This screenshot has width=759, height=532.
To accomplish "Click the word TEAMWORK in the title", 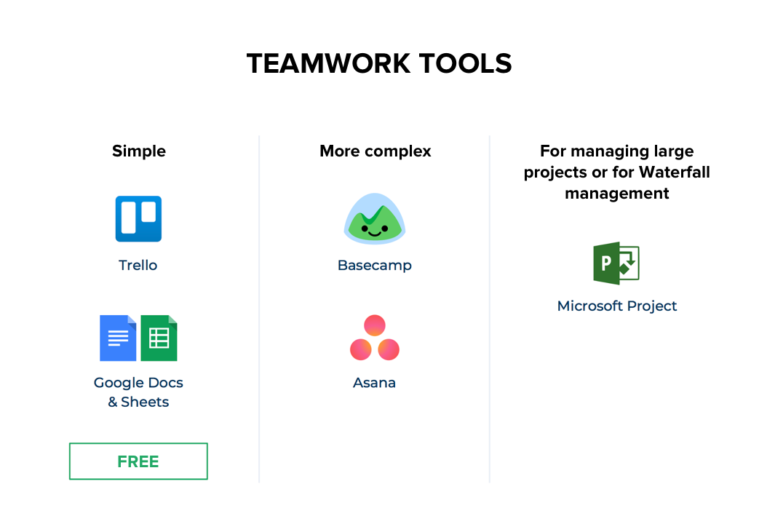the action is [x=329, y=63].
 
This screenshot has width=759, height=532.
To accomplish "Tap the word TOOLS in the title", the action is [x=465, y=63].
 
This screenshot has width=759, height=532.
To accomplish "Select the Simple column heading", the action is [x=139, y=151].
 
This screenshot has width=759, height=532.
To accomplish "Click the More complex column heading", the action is [x=375, y=151].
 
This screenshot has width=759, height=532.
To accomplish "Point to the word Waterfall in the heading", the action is [x=675, y=172].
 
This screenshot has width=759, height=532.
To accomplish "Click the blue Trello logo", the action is [x=138, y=219].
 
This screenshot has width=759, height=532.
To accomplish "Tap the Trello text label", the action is [x=138, y=266].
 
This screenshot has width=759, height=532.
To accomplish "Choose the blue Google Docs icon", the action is [x=118, y=338].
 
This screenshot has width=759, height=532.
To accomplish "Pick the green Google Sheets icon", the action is [x=159, y=338].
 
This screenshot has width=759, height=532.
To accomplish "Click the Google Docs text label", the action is [x=138, y=382].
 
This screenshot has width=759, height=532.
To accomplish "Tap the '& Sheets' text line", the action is [x=138, y=402].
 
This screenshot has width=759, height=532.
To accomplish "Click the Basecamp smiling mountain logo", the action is [x=374, y=218].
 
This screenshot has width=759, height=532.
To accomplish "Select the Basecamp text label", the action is [x=375, y=266].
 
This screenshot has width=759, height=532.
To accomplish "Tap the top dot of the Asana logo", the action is [x=375, y=325].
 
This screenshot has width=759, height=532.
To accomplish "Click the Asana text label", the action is [x=374, y=383].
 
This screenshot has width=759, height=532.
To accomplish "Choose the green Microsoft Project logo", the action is [x=616, y=263].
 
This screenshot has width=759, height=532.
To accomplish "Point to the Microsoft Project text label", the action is [x=617, y=306].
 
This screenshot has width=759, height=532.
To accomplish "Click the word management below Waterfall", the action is [x=616, y=194].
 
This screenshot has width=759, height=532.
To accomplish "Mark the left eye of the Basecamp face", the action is [x=365, y=228].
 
